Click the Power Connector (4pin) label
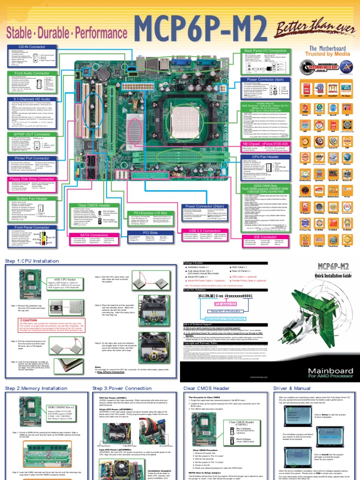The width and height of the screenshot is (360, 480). coord(266,80)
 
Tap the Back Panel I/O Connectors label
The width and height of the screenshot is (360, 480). coord(266,50)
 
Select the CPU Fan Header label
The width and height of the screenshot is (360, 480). coord(266,156)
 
